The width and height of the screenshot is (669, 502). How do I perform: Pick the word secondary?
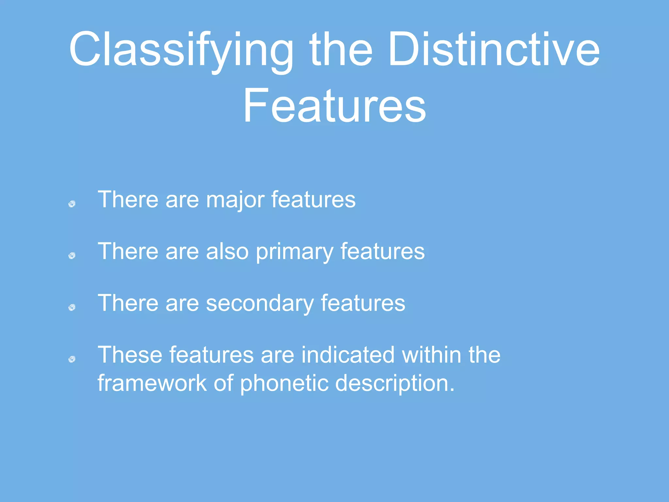coord(260,303)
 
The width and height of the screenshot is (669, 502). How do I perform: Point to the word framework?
coord(152,383)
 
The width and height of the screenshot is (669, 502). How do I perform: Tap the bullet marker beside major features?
coord(72,204)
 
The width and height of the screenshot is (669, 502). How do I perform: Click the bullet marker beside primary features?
coord(72,256)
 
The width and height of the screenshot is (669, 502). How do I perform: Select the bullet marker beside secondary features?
coord(72,307)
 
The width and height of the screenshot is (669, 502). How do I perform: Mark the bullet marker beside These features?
coord(72,360)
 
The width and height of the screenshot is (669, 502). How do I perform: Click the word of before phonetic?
coord(223,383)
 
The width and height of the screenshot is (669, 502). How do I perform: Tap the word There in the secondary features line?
coord(128,303)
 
